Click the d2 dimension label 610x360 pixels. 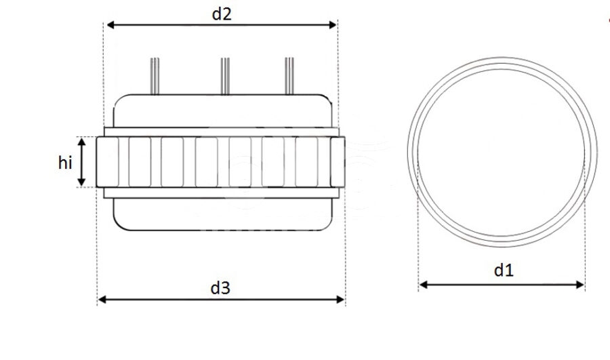[222, 14]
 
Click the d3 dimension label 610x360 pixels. [220, 288]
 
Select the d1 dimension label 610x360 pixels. [504, 270]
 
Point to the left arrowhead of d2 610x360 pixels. [110, 25]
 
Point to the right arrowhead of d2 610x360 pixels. [333, 25]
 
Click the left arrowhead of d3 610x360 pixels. [102, 299]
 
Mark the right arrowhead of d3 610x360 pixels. [340, 299]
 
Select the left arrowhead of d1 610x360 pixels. [424, 285]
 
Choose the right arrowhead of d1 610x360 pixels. [579, 285]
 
